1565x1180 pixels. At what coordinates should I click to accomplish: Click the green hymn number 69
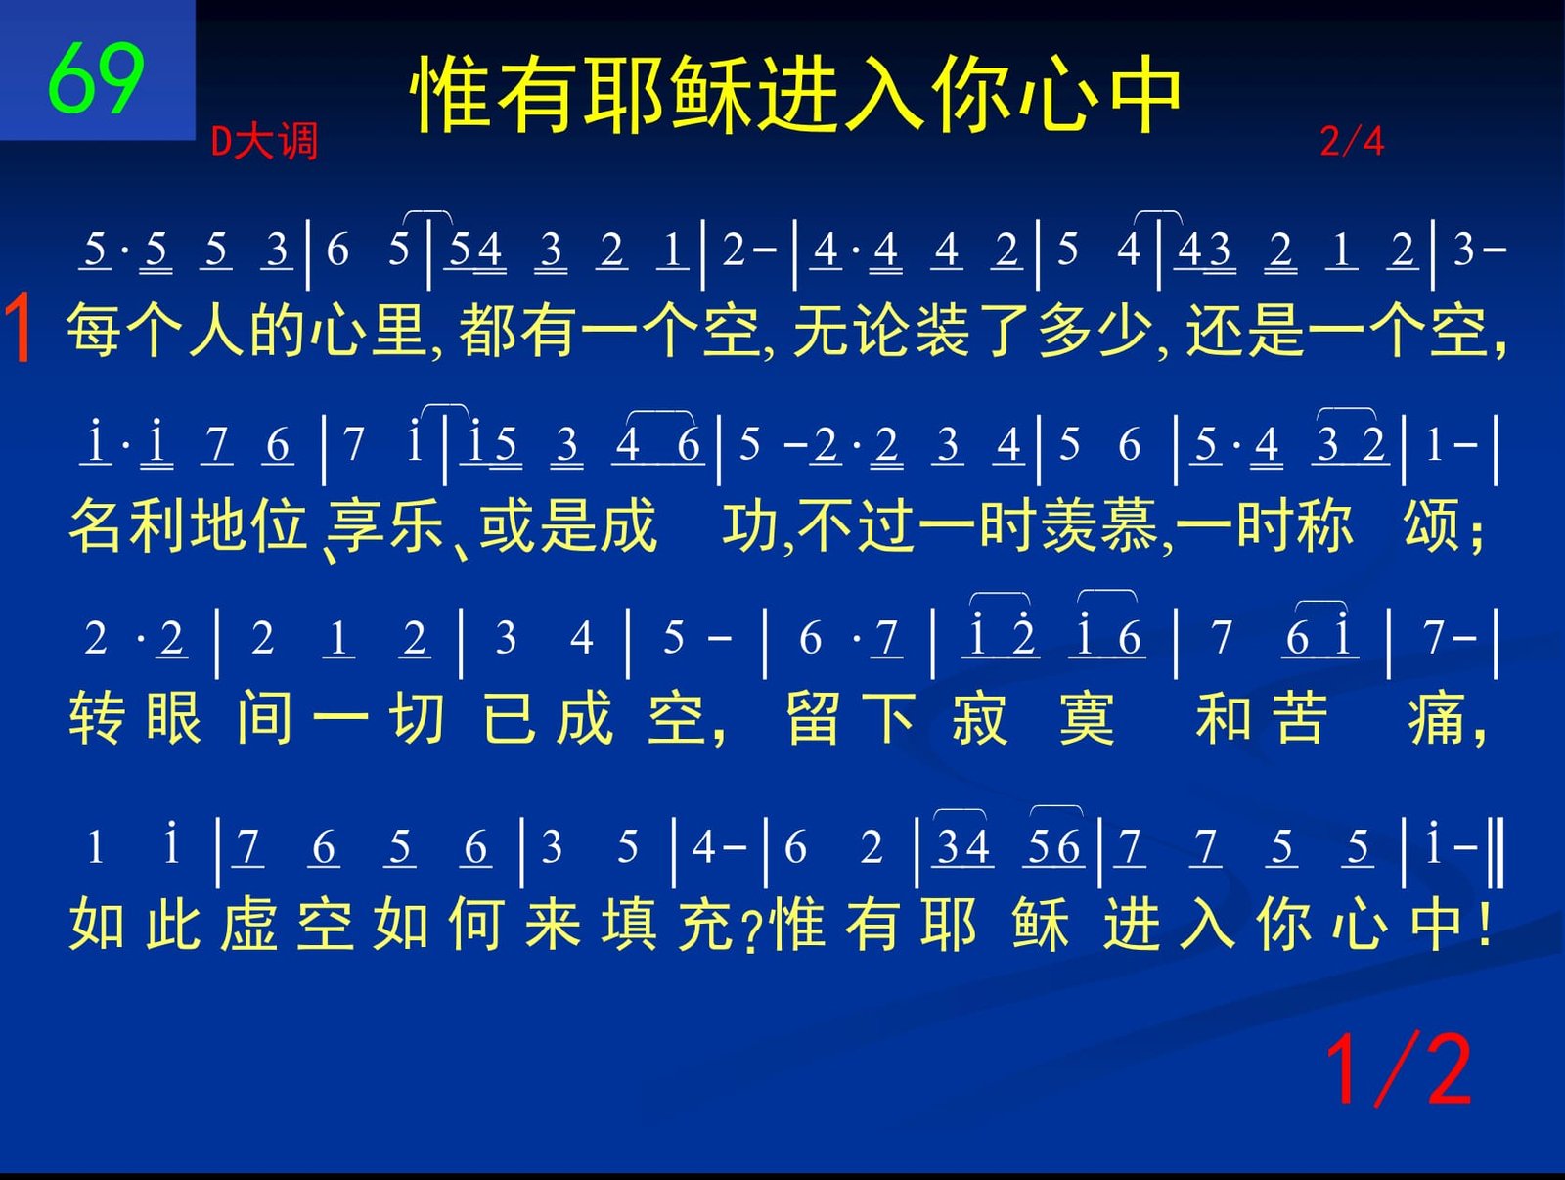click(x=96, y=77)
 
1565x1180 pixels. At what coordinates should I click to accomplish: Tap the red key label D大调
click(x=264, y=141)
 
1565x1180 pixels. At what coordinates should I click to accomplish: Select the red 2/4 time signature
click(x=1352, y=141)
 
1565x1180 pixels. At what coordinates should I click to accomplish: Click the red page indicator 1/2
click(x=1398, y=1069)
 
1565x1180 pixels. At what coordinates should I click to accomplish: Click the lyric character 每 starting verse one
click(x=93, y=330)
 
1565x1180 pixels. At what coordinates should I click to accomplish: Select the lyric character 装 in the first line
click(x=941, y=330)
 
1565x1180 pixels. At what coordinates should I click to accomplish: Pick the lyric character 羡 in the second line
click(x=1068, y=525)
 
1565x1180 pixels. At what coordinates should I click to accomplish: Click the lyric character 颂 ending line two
click(x=1430, y=525)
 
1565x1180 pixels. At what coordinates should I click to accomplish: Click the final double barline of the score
click(x=1498, y=853)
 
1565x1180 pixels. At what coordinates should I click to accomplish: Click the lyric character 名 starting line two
click(x=96, y=525)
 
